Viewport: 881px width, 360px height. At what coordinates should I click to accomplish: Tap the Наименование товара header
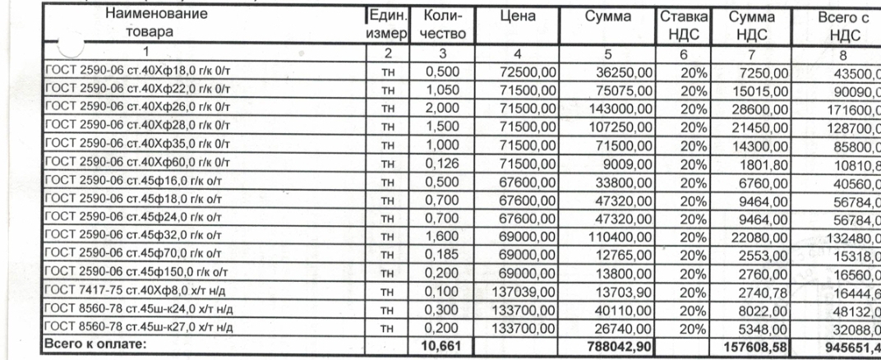[162, 24]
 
